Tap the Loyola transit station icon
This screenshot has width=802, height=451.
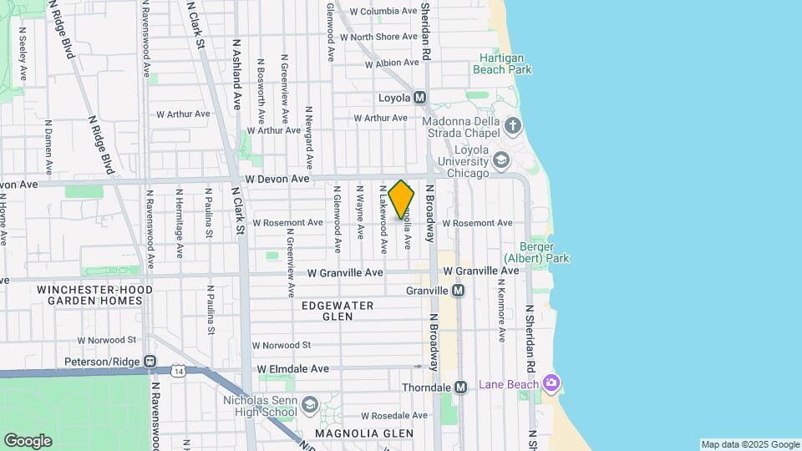(x=420, y=98)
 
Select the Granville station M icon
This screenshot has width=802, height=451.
(x=458, y=291)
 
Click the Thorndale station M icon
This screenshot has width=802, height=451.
(x=460, y=388)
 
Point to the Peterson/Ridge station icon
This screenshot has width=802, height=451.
(x=150, y=362)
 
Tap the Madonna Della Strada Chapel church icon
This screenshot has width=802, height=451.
(x=513, y=126)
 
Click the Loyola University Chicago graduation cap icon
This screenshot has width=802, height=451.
(x=500, y=160)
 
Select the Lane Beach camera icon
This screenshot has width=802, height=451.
(x=551, y=384)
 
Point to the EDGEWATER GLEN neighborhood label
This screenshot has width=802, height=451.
(x=338, y=312)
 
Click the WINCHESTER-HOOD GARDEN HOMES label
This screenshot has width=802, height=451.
(x=94, y=294)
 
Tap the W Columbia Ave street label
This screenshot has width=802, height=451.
(x=383, y=12)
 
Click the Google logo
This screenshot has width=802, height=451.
(x=28, y=441)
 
